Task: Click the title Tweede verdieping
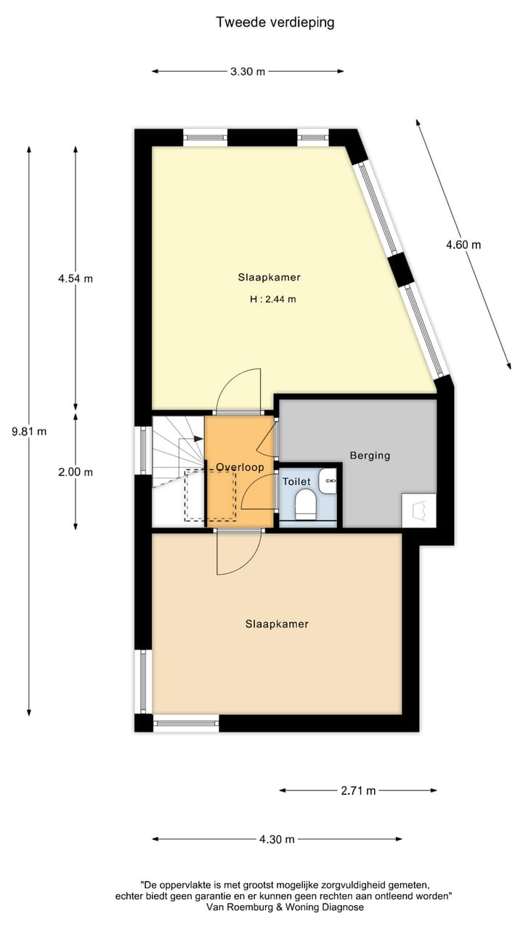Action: (275, 22)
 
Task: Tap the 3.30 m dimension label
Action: (248, 71)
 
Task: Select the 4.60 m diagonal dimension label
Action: (463, 245)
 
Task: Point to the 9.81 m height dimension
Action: (29, 431)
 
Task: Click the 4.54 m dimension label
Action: (76, 279)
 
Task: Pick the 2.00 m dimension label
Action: (76, 472)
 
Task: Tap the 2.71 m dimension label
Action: (358, 790)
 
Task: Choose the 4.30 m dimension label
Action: (277, 839)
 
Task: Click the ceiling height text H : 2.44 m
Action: (272, 299)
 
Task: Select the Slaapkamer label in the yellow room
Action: (269, 277)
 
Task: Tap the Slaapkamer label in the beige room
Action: (277, 624)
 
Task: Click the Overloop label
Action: (240, 467)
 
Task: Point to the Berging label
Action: (370, 456)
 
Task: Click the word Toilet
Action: (296, 481)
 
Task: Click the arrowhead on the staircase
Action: (198, 438)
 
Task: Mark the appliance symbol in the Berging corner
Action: (419, 510)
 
